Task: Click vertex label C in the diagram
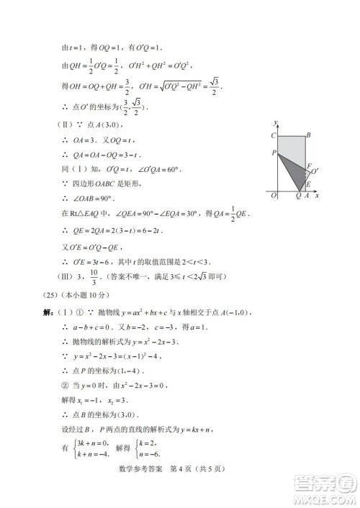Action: [274, 135]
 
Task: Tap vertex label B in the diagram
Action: [308, 135]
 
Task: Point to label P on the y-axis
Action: [274, 153]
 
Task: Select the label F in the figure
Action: [309, 167]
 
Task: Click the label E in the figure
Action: [309, 182]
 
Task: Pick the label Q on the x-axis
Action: [300, 196]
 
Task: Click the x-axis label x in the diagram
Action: [318, 195]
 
